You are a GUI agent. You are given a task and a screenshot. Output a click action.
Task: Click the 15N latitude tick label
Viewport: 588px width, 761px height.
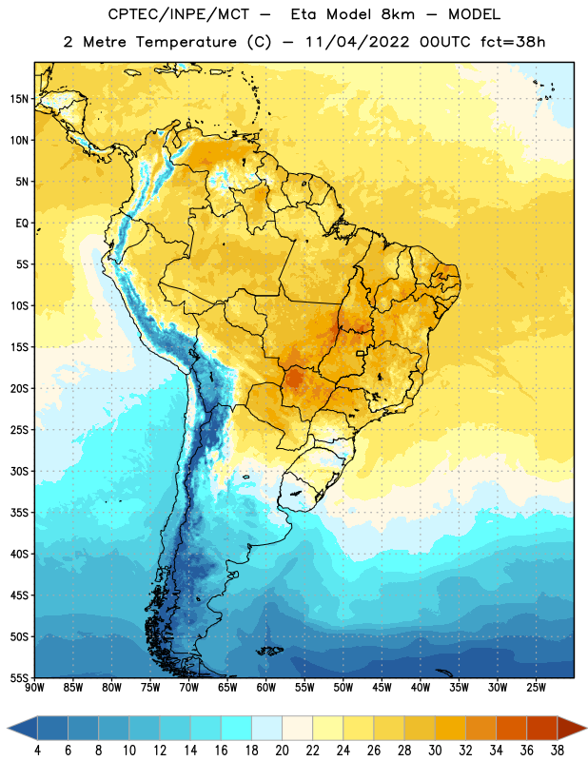coord(19,99)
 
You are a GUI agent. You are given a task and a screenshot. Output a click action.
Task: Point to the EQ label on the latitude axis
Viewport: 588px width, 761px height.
coord(22,224)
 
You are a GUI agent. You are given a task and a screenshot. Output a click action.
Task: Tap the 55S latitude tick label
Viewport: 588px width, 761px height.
coord(19,677)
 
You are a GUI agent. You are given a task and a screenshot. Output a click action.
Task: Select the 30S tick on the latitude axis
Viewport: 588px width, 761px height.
coord(19,471)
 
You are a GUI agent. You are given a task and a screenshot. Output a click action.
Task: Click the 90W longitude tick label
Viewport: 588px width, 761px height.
coord(35,688)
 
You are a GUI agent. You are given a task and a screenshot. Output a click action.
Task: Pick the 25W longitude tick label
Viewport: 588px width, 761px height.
coord(537,688)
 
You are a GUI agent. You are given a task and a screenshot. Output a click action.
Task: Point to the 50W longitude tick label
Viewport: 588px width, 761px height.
coord(343,688)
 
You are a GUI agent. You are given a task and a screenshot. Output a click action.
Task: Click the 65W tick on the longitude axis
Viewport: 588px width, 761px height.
coord(227,688)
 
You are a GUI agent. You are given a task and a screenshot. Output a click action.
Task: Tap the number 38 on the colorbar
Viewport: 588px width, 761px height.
coord(558,751)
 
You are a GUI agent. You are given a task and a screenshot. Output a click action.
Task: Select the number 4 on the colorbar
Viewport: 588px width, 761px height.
coord(37,751)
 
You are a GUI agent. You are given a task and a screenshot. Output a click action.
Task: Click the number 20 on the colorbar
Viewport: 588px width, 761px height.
coord(282,751)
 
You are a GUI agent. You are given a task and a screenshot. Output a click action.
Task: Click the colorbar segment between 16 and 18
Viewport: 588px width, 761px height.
coord(237,729)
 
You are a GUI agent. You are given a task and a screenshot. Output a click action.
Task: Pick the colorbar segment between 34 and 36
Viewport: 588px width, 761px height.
coord(512,729)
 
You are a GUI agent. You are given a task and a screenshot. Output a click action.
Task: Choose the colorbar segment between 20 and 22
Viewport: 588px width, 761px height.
coord(298,729)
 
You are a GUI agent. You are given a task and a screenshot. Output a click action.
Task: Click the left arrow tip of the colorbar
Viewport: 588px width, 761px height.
coord(8,729)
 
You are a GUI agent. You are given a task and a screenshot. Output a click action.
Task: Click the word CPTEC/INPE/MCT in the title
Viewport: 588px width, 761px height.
coord(179,14)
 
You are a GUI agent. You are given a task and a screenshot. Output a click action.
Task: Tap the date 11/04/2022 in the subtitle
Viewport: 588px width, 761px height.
coord(358,42)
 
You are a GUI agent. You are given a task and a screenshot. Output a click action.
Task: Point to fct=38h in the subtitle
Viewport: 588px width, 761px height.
coord(513,42)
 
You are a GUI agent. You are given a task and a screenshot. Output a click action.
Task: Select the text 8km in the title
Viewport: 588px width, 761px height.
coord(398,14)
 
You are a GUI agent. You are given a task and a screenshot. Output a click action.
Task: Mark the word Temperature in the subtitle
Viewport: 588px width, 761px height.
coord(186,42)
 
